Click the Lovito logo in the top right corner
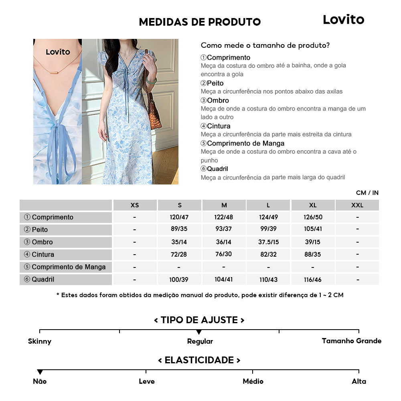coord(343,20)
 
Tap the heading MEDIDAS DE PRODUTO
coord(200,22)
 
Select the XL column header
coord(313,205)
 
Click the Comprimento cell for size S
coord(179,217)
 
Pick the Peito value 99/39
coord(268,229)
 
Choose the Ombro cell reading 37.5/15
coord(268,242)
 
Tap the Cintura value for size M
coord(224,254)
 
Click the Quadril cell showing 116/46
coord(313,279)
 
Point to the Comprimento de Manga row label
coord(66,267)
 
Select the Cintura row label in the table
coord(66,255)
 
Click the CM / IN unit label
coord(367,193)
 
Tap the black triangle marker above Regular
coord(199,332)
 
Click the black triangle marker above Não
coord(40,372)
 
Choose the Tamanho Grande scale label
coord(351,341)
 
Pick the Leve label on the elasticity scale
coord(146,381)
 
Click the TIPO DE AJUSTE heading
coord(199,320)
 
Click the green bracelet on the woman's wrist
coord(150,79)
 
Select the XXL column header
coord(357,205)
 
